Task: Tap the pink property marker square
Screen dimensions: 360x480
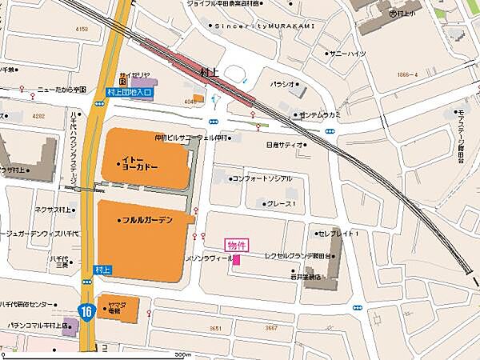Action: (x=236, y=259)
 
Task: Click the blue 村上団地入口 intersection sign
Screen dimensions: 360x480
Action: (x=129, y=93)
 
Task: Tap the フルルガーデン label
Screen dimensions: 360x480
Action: (x=148, y=220)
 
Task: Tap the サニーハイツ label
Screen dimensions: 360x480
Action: (x=346, y=53)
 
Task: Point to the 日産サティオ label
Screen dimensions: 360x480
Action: (x=285, y=145)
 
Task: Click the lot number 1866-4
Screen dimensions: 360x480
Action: (x=407, y=74)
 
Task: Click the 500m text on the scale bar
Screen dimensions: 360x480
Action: (x=183, y=354)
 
